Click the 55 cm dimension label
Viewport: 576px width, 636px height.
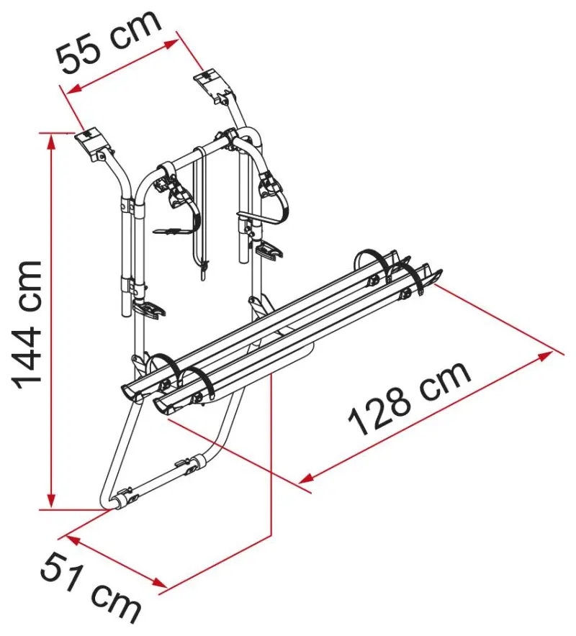[x=109, y=43]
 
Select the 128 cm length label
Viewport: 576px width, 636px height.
[x=410, y=397]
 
